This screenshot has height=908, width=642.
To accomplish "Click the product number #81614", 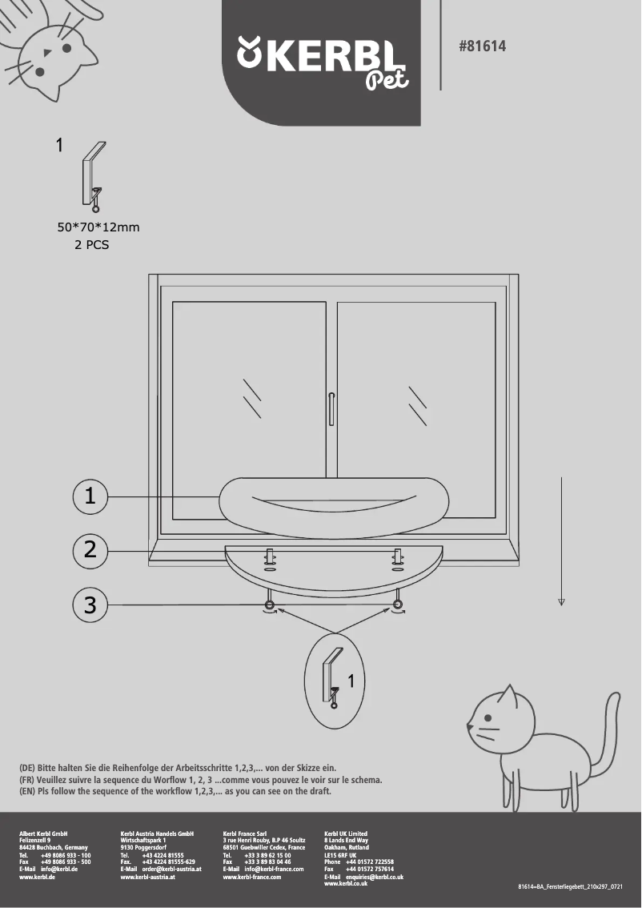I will (x=482, y=47).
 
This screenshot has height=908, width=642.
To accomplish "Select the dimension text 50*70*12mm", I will (x=98, y=227).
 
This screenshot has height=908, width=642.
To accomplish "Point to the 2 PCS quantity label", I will (x=91, y=246).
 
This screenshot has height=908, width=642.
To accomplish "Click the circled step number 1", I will (x=90, y=496).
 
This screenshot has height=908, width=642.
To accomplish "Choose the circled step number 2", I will (x=90, y=550).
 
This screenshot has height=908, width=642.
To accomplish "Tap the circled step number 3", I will (x=90, y=605).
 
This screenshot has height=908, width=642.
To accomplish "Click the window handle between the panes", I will (x=331, y=408).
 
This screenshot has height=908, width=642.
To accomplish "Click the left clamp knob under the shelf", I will (x=270, y=604).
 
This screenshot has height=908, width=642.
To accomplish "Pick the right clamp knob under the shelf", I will (x=397, y=604).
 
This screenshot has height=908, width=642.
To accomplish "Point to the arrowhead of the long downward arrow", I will (x=562, y=601).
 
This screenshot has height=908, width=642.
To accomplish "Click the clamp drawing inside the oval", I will (x=331, y=680).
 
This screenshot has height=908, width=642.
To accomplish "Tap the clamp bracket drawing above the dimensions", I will (x=93, y=177).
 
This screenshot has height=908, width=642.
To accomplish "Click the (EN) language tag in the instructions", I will (x=27, y=791).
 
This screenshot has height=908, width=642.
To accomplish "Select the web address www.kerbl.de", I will (x=37, y=878).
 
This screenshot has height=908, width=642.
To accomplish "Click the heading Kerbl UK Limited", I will (x=346, y=834).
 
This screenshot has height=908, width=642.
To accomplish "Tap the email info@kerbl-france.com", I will (x=274, y=869).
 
